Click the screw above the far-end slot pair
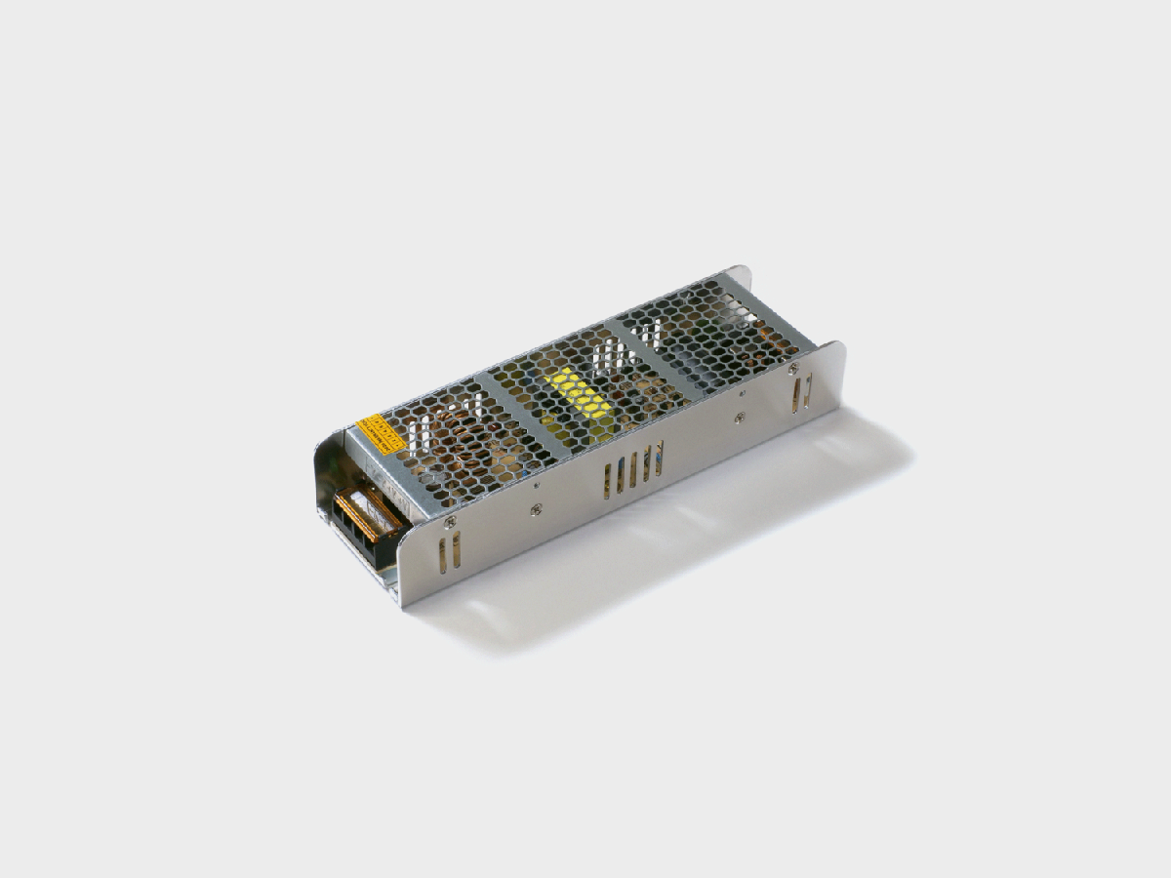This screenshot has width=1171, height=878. [793, 369]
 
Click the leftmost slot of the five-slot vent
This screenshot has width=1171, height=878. [609, 481]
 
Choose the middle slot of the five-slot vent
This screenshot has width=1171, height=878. [633, 469]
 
